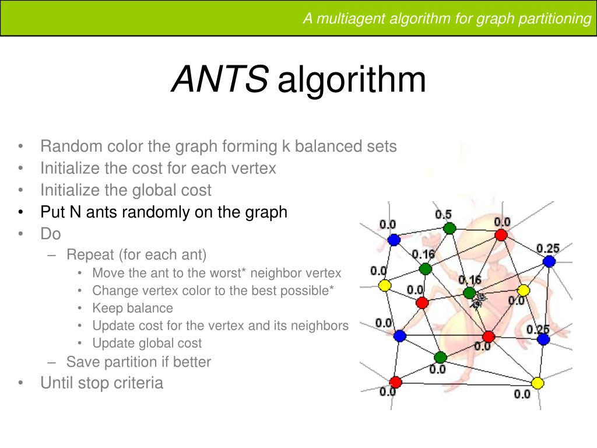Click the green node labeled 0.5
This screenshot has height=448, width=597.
pyautogui.click(x=448, y=228)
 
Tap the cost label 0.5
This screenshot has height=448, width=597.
pyautogui.click(x=443, y=215)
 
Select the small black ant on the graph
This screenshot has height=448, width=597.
pyautogui.click(x=479, y=300)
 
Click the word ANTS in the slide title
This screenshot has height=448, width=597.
pyautogui.click(x=220, y=79)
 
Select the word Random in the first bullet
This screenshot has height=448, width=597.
pyautogui.click(x=71, y=146)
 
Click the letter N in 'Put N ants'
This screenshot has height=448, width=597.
pyautogui.click(x=75, y=212)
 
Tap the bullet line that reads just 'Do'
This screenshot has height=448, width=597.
pyautogui.click(x=51, y=234)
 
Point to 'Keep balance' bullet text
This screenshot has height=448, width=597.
pyautogui.click(x=132, y=308)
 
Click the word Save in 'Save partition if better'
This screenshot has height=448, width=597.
pyautogui.click(x=80, y=362)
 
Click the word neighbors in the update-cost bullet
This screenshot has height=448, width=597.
pyautogui.click(x=321, y=325)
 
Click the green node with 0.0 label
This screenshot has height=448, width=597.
pyautogui.click(x=440, y=357)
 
